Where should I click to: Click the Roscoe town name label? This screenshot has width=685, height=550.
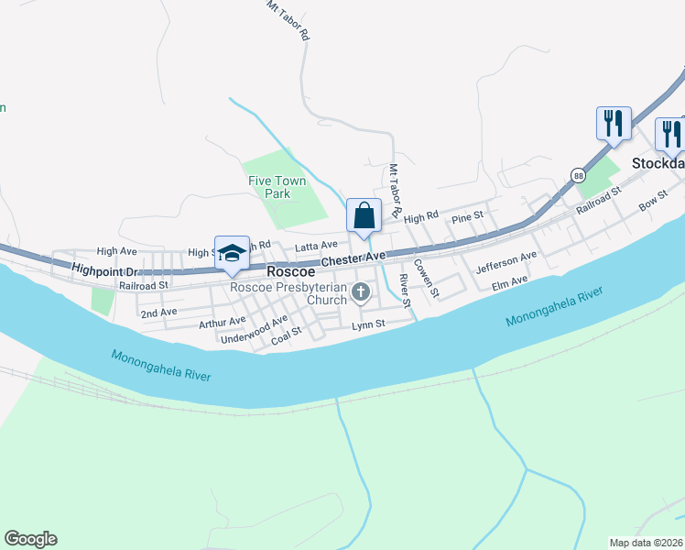pos(291,272)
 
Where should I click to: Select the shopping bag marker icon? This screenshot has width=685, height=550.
pos(364,216)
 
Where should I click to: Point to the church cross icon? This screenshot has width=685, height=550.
pos(361,293)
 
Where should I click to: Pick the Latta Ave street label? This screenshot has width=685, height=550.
pos(316,246)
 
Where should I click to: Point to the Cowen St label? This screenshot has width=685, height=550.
pos(427,278)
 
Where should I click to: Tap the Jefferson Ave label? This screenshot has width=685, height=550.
pos(506,264)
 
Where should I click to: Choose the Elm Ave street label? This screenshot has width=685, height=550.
pos(510,280)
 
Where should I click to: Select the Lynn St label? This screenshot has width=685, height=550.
pos(369,324)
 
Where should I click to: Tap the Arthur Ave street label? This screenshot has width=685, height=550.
pos(223,322)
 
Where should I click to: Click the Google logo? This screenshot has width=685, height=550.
pos(30,539)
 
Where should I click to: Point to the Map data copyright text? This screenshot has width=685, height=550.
pos(646,542)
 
